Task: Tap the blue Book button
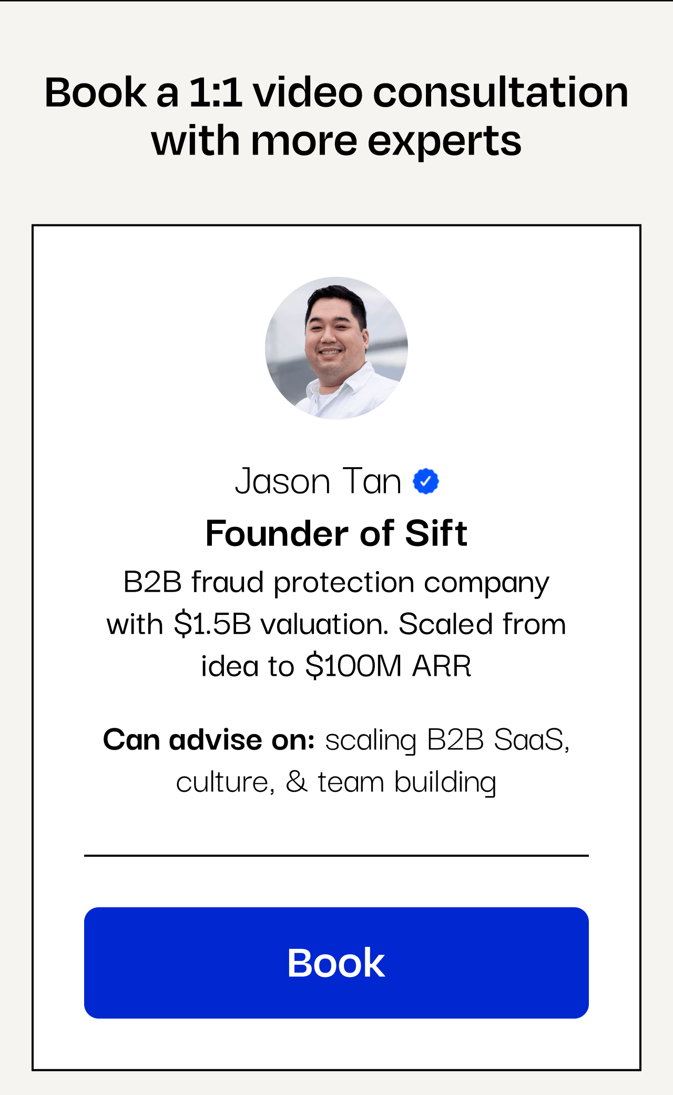pyautogui.click(x=336, y=963)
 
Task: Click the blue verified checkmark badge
pyautogui.click(x=426, y=481)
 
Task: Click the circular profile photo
pyautogui.click(x=336, y=348)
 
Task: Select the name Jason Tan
pyautogui.click(x=318, y=481)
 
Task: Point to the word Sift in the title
pyautogui.click(x=436, y=533)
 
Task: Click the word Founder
pyautogui.click(x=277, y=533)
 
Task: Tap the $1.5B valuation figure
pyautogui.click(x=212, y=624)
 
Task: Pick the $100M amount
pyautogui.click(x=354, y=666)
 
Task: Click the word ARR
pyautogui.click(x=442, y=666)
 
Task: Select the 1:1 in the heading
pyautogui.click(x=216, y=92)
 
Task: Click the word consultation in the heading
pyautogui.click(x=501, y=92)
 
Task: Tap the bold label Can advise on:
pyautogui.click(x=209, y=740)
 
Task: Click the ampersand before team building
pyautogui.click(x=297, y=782)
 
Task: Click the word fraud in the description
pyautogui.click(x=227, y=582)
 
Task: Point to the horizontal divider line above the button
pyautogui.click(x=336, y=855)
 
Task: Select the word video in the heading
pyautogui.click(x=308, y=92)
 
